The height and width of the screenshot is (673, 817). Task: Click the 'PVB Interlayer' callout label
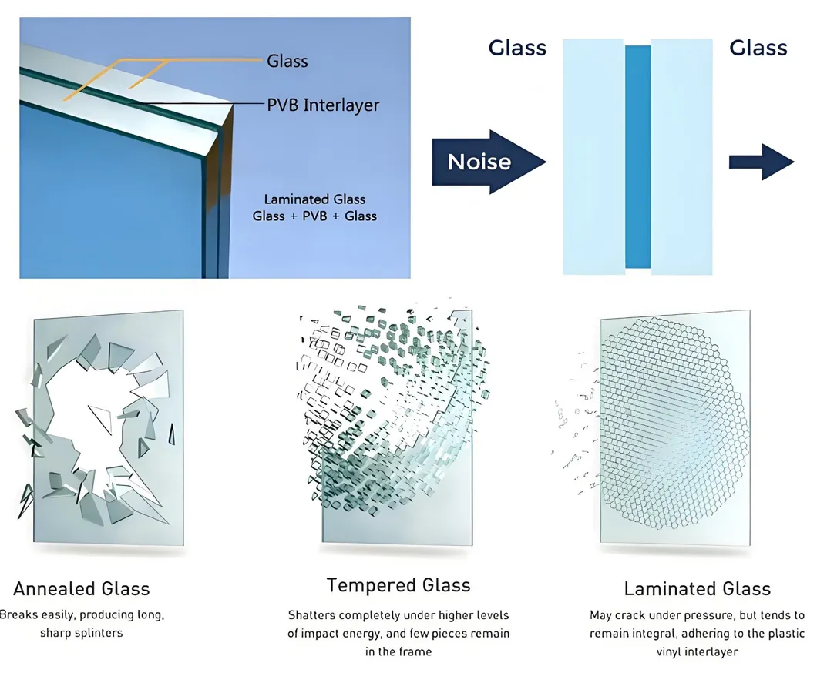323,105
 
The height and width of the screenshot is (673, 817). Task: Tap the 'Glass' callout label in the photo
287,60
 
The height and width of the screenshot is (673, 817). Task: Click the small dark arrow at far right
762,162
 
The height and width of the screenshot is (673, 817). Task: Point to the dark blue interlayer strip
637,156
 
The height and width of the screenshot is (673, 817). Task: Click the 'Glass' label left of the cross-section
517,48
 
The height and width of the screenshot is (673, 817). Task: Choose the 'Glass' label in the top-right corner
758,48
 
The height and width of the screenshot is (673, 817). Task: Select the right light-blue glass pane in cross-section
682,156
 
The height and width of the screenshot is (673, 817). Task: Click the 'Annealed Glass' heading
81,589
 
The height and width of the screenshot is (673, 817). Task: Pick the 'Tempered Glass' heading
398,585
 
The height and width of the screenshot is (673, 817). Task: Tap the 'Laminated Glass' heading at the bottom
697,589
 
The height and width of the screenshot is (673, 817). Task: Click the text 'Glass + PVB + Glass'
314,216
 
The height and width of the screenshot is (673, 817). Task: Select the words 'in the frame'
398,651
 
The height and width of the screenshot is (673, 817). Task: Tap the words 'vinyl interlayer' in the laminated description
697,651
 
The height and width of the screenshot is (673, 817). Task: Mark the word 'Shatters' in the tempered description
312,615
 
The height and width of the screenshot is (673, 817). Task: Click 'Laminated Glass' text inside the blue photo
314,199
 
